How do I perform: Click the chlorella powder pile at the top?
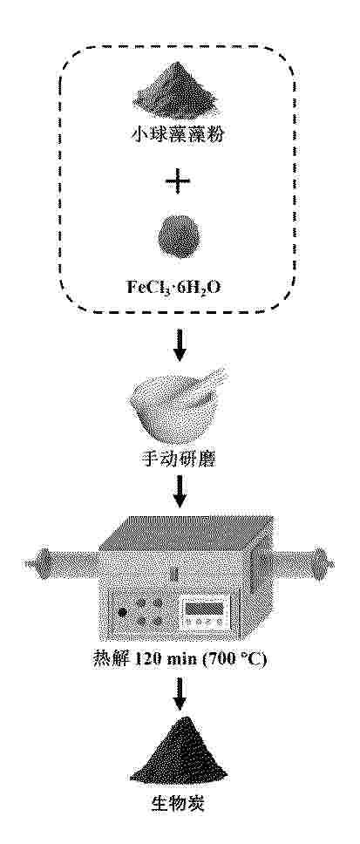pyautogui.click(x=179, y=92)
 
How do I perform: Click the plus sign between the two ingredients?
pyautogui.click(x=178, y=183)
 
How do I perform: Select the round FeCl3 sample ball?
pyautogui.click(x=180, y=237)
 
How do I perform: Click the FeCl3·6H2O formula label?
pyautogui.click(x=179, y=285)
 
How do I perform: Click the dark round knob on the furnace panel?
pyautogui.click(x=123, y=612)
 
